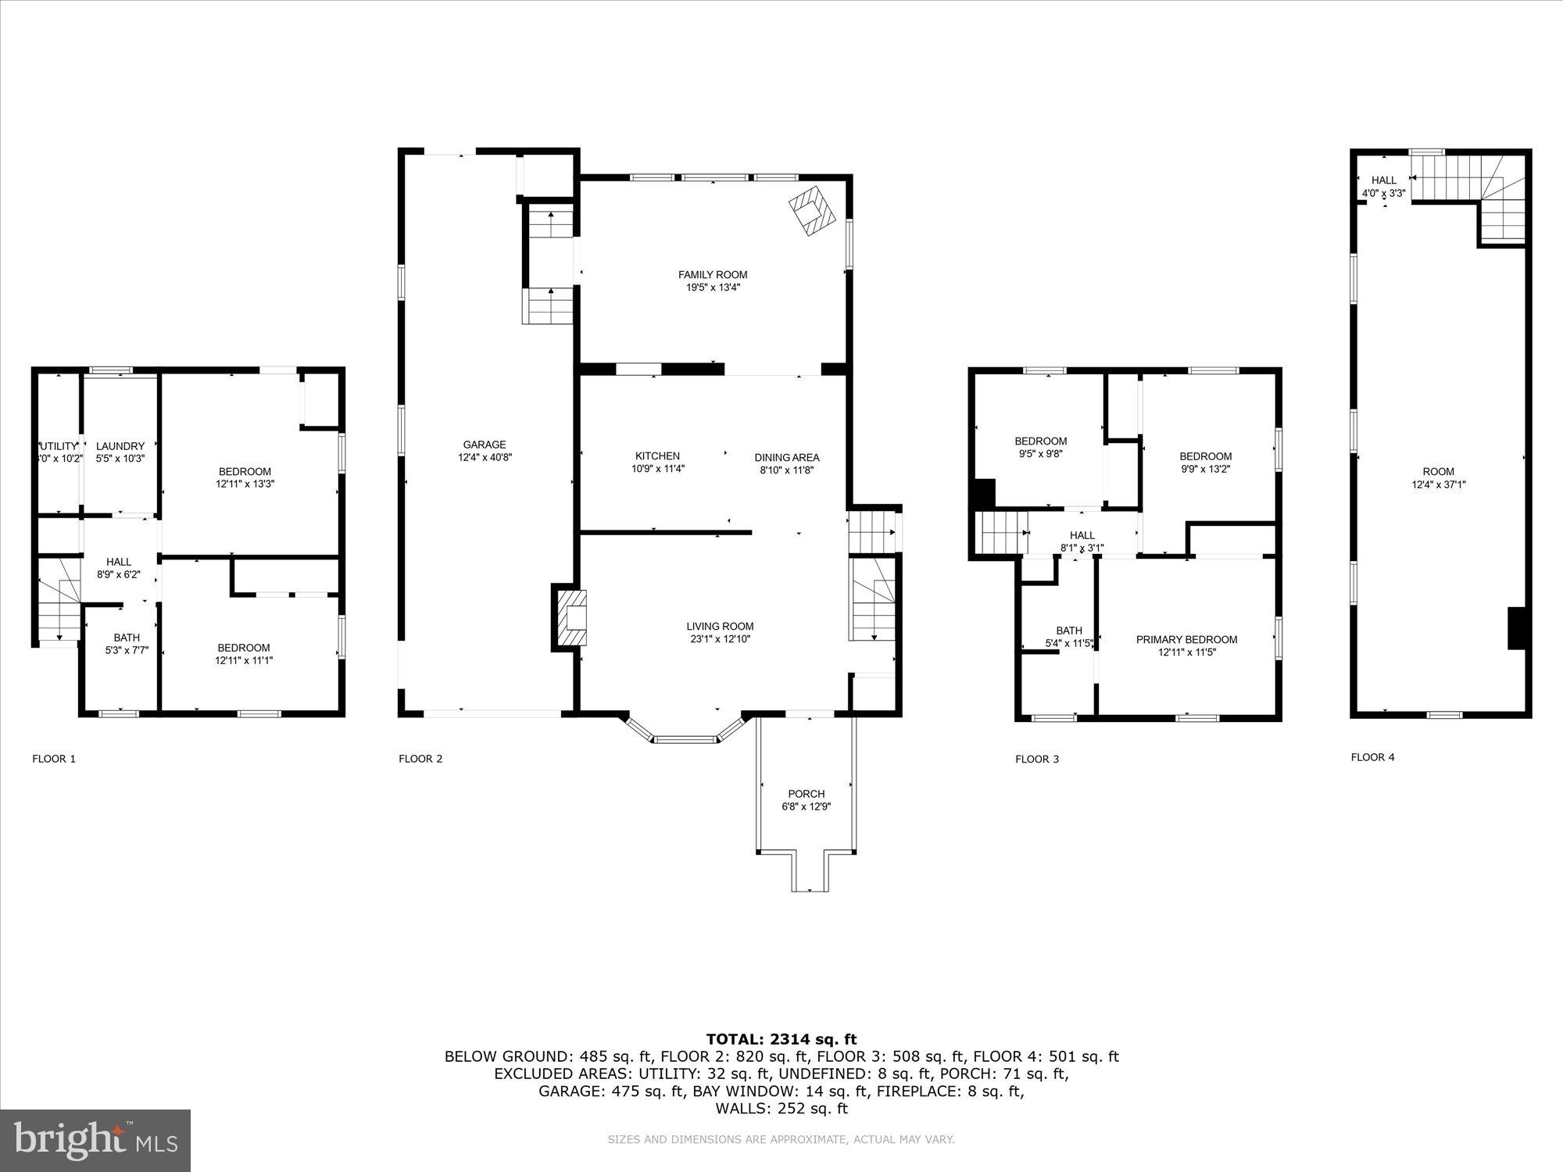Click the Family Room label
pyautogui.click(x=712, y=275)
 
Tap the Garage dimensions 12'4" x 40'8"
pyautogui.click(x=485, y=458)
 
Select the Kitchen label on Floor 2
pyautogui.click(x=657, y=456)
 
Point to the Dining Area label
pyautogui.click(x=786, y=458)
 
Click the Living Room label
pyautogui.click(x=720, y=627)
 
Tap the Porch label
pyautogui.click(x=806, y=794)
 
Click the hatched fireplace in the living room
pyautogui.click(x=570, y=617)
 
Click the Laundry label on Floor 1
pyautogui.click(x=120, y=446)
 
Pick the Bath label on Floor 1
pyautogui.click(x=127, y=638)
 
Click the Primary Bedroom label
pyautogui.click(x=1186, y=640)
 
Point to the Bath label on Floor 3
pyautogui.click(x=1069, y=631)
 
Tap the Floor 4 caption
pyautogui.click(x=1372, y=757)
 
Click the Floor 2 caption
pyautogui.click(x=420, y=759)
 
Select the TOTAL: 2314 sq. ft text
pyautogui.click(x=781, y=1039)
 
